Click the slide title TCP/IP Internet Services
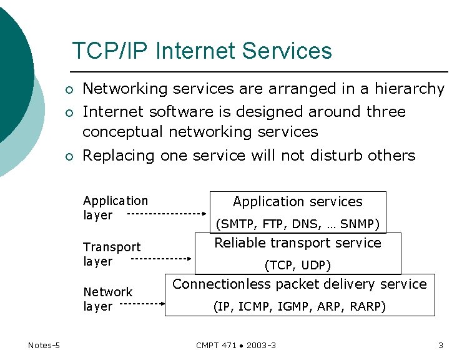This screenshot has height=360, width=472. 202,51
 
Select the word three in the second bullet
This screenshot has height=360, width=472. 385,112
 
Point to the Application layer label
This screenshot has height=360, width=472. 115,207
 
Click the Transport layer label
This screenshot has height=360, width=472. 112,254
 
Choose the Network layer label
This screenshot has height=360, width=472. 107,299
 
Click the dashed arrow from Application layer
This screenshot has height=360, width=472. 167,214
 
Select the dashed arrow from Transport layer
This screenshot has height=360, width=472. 161,257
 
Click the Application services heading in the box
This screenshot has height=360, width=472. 297,202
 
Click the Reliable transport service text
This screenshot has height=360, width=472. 297,243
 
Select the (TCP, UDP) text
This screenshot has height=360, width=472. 297,265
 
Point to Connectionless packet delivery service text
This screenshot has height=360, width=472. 299,284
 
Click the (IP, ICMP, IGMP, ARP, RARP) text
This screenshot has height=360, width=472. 299,306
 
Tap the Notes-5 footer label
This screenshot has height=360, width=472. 44,345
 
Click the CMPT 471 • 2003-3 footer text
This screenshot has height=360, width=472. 236,345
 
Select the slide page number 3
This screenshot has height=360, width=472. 440,345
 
